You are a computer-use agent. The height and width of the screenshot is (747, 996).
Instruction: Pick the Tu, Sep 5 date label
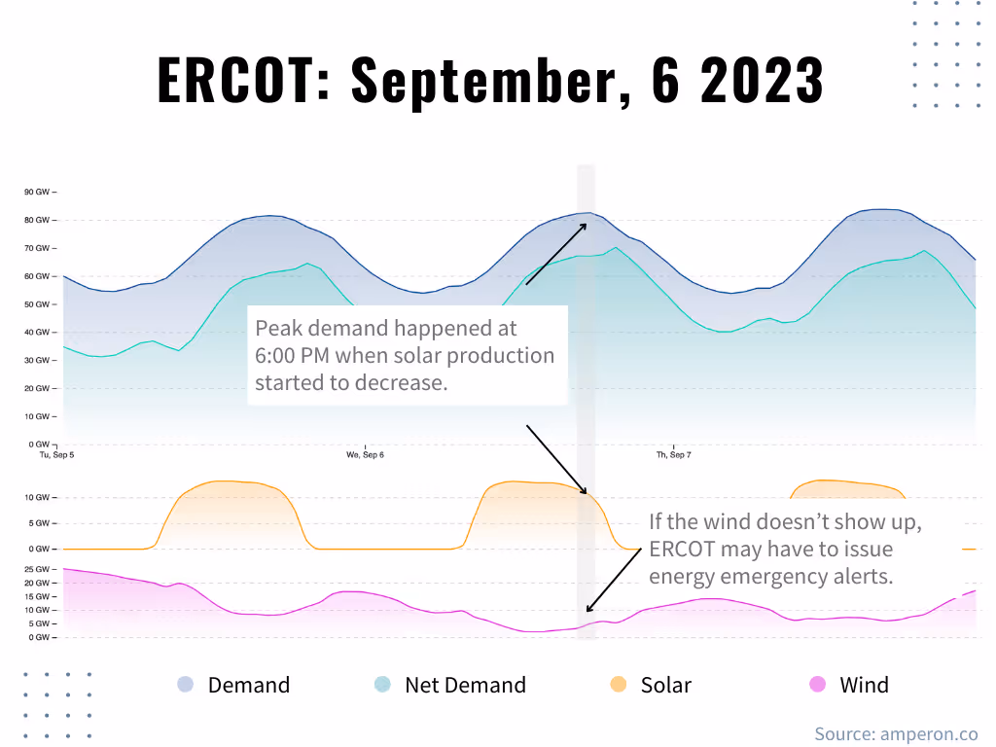(56, 455)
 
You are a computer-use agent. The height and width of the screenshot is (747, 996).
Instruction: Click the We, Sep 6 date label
(366, 455)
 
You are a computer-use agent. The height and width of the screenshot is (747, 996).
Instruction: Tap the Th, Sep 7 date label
(673, 455)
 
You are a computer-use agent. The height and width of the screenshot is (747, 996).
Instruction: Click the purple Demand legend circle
(185, 685)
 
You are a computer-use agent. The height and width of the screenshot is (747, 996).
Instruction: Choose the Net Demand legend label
(465, 685)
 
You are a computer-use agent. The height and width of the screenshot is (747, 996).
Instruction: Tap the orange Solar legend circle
(618, 685)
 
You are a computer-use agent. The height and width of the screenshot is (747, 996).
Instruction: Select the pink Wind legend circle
(817, 685)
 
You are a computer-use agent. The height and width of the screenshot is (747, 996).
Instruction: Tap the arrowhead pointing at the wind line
(588, 610)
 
